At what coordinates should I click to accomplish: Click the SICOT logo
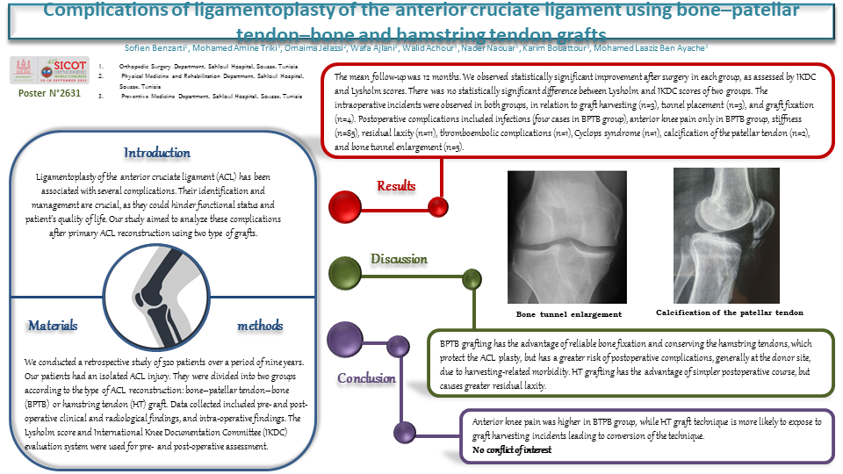click(46, 72)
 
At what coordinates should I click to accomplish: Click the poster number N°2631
click(50, 93)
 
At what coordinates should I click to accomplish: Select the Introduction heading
click(157, 154)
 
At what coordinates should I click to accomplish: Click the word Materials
click(53, 326)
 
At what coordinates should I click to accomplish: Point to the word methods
click(260, 326)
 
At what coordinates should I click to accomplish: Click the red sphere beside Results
click(345, 207)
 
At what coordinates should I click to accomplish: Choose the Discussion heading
click(399, 259)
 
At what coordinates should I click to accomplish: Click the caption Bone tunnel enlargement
click(568, 313)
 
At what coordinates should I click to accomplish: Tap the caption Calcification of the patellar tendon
click(729, 312)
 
